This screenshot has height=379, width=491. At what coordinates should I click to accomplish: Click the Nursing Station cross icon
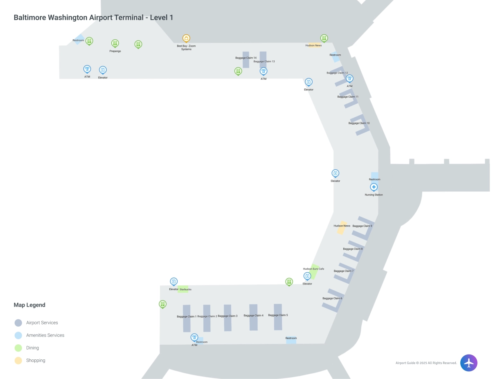tap(374, 187)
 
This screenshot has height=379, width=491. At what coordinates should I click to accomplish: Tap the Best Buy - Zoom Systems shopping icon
tap(186, 38)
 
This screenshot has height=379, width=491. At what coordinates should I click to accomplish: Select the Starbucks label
tap(185, 289)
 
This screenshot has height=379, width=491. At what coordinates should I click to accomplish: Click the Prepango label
tap(115, 51)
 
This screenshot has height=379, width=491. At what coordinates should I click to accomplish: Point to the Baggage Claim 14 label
tap(246, 58)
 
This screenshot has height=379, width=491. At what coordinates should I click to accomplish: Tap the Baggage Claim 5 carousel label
tap(278, 315)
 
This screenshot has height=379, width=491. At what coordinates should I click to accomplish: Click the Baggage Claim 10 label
tap(359, 123)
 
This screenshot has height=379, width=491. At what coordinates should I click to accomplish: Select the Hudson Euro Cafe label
tap(313, 269)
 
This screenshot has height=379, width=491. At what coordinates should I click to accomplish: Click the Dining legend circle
tap(18, 348)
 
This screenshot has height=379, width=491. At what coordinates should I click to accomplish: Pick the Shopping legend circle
tap(18, 361)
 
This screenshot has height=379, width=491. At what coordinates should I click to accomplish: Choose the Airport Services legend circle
tap(18, 323)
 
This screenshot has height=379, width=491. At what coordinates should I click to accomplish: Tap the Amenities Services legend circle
tap(18, 335)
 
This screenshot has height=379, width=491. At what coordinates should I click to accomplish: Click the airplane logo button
tap(468, 363)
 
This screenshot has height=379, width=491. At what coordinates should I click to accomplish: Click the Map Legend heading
tap(29, 305)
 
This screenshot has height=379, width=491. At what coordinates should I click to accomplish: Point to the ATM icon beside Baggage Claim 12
tap(349, 78)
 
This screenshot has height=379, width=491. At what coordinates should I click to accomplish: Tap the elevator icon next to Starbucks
tap(174, 281)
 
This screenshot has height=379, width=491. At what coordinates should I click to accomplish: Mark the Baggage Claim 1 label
tap(187, 316)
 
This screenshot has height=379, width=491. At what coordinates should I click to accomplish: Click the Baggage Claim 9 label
tap(362, 226)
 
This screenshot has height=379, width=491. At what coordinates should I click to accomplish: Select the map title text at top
tap(94, 18)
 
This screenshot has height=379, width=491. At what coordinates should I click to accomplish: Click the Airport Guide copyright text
tap(426, 363)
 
